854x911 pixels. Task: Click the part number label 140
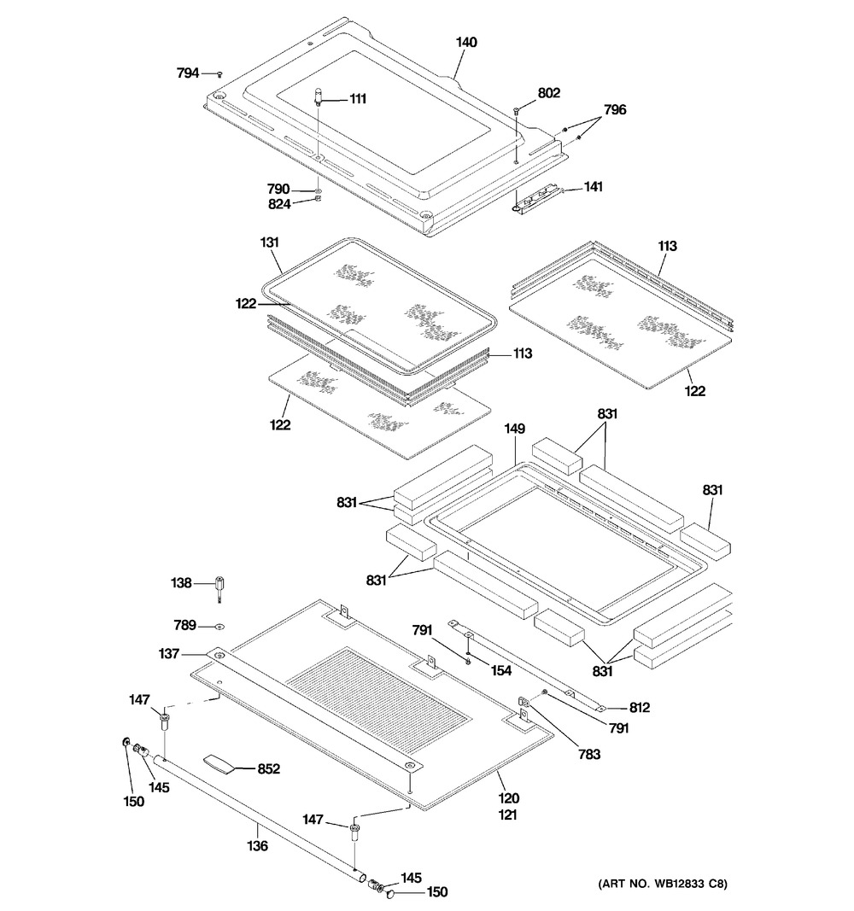click(x=466, y=42)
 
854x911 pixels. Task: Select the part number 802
click(x=548, y=93)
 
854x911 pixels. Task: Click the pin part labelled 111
click(x=319, y=96)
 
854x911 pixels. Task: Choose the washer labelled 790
click(x=318, y=190)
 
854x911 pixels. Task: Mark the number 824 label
click(x=278, y=203)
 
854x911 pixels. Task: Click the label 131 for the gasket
click(x=270, y=243)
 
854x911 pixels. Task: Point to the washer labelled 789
click(x=219, y=625)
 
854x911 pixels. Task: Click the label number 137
click(x=168, y=654)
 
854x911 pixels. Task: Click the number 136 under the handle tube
click(x=257, y=846)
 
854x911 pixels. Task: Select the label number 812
click(x=639, y=707)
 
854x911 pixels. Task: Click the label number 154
click(x=500, y=671)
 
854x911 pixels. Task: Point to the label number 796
click(x=615, y=109)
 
